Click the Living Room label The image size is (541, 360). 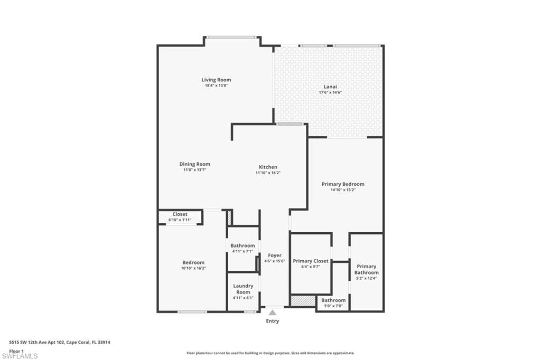(x=216, y=80)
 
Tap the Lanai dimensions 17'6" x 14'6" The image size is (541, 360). (x=330, y=92)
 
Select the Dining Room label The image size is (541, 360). (x=194, y=164)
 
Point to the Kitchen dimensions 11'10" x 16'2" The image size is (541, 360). (x=268, y=173)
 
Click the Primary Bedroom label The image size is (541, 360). (x=343, y=184)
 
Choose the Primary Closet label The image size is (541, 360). (x=311, y=261)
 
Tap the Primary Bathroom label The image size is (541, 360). (x=367, y=269)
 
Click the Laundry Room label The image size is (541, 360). (x=243, y=289)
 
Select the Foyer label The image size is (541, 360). (x=275, y=255)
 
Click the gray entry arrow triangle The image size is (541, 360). (x=273, y=313)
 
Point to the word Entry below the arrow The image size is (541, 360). (x=273, y=321)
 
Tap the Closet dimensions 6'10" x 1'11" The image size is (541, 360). (x=180, y=220)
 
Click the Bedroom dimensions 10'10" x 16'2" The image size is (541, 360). (x=193, y=268)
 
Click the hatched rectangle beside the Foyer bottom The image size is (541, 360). (x=303, y=300)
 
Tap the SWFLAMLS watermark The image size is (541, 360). (x=20, y=356)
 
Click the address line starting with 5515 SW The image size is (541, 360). (x=60, y=343)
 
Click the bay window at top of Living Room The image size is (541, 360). (x=231, y=37)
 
